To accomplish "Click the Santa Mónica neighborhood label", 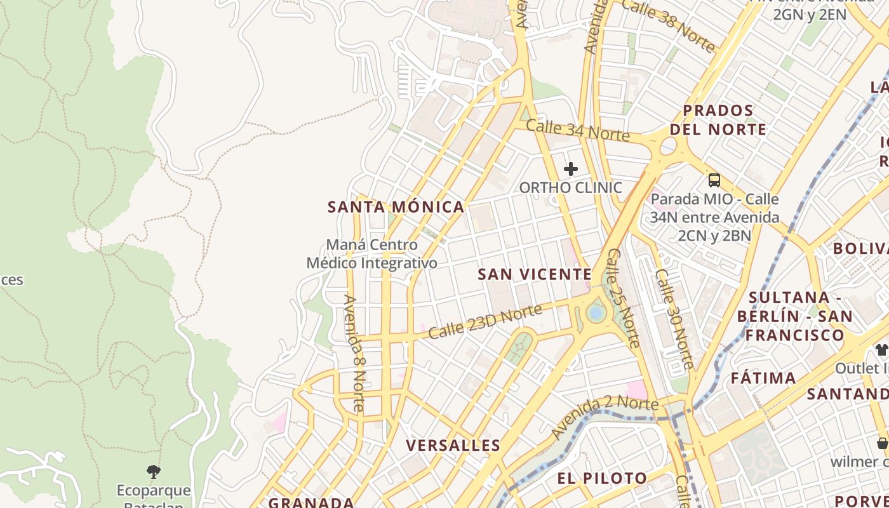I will (x=396, y=207).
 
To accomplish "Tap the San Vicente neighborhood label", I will (x=535, y=274).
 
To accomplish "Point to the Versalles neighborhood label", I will (x=453, y=445).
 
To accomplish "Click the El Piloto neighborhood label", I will (x=602, y=478).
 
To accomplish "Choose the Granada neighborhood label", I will (x=311, y=502).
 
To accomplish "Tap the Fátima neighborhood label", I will (x=763, y=378).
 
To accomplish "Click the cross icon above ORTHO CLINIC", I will (x=571, y=169).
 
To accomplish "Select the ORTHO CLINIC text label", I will (x=570, y=188).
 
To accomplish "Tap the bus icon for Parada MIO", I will (x=714, y=180).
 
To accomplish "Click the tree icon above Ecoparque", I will (x=153, y=471).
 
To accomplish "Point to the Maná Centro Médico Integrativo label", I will (x=372, y=254).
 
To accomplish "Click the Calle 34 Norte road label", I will (x=577, y=130).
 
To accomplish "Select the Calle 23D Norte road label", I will (x=485, y=321).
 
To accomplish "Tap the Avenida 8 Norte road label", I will (x=354, y=353).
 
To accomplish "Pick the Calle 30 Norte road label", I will (x=674, y=319).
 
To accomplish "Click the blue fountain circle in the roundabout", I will (x=596, y=312).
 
